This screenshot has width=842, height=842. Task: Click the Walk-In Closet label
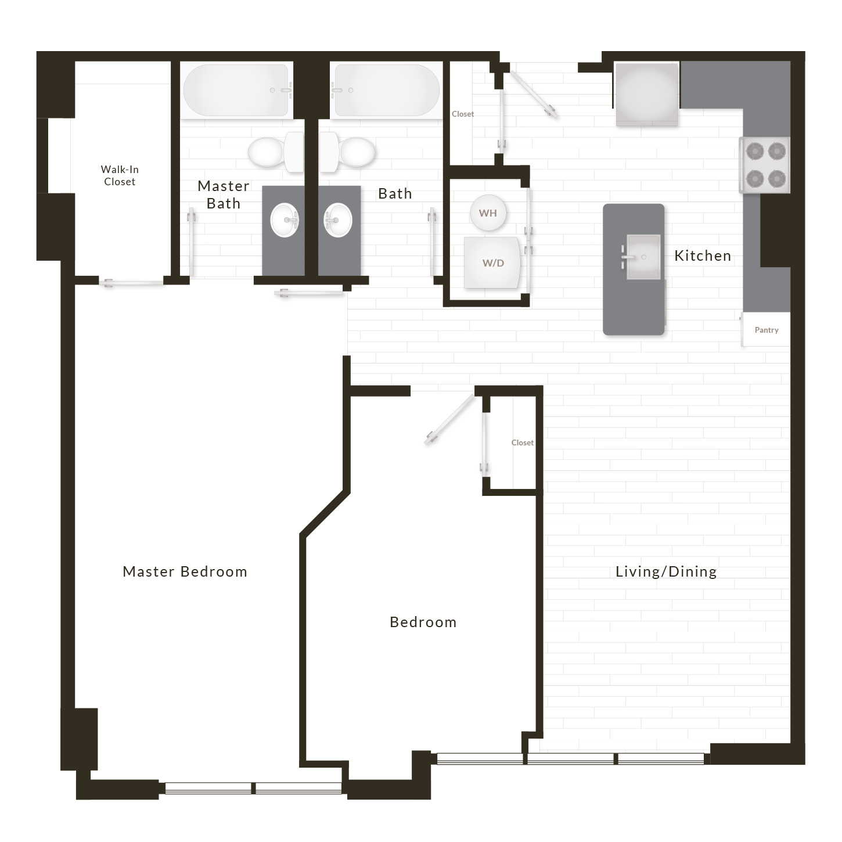click(x=119, y=175)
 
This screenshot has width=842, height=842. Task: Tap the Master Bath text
click(x=224, y=195)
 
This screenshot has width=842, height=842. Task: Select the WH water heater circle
click(x=488, y=213)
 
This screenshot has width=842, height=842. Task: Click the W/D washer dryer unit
click(x=492, y=262)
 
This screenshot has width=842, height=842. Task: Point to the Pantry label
click(x=767, y=330)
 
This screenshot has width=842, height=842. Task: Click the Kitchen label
click(x=703, y=256)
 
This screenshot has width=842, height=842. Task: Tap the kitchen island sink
click(x=643, y=257)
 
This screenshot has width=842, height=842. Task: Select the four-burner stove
click(x=765, y=165)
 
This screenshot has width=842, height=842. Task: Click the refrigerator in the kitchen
click(x=647, y=94)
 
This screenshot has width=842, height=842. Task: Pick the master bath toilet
click(x=276, y=152)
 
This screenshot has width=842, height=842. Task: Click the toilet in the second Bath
click(x=347, y=152)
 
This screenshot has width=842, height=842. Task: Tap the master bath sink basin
click(x=285, y=220)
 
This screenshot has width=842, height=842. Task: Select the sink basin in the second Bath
click(x=338, y=220)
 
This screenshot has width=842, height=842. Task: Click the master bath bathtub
click(x=236, y=90)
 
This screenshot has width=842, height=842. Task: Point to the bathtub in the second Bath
click(x=386, y=90)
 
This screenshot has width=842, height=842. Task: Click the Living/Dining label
click(x=666, y=571)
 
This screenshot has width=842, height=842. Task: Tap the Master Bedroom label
click(x=185, y=571)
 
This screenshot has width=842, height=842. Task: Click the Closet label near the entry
click(x=463, y=114)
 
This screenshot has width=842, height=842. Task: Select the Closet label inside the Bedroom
click(x=523, y=442)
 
